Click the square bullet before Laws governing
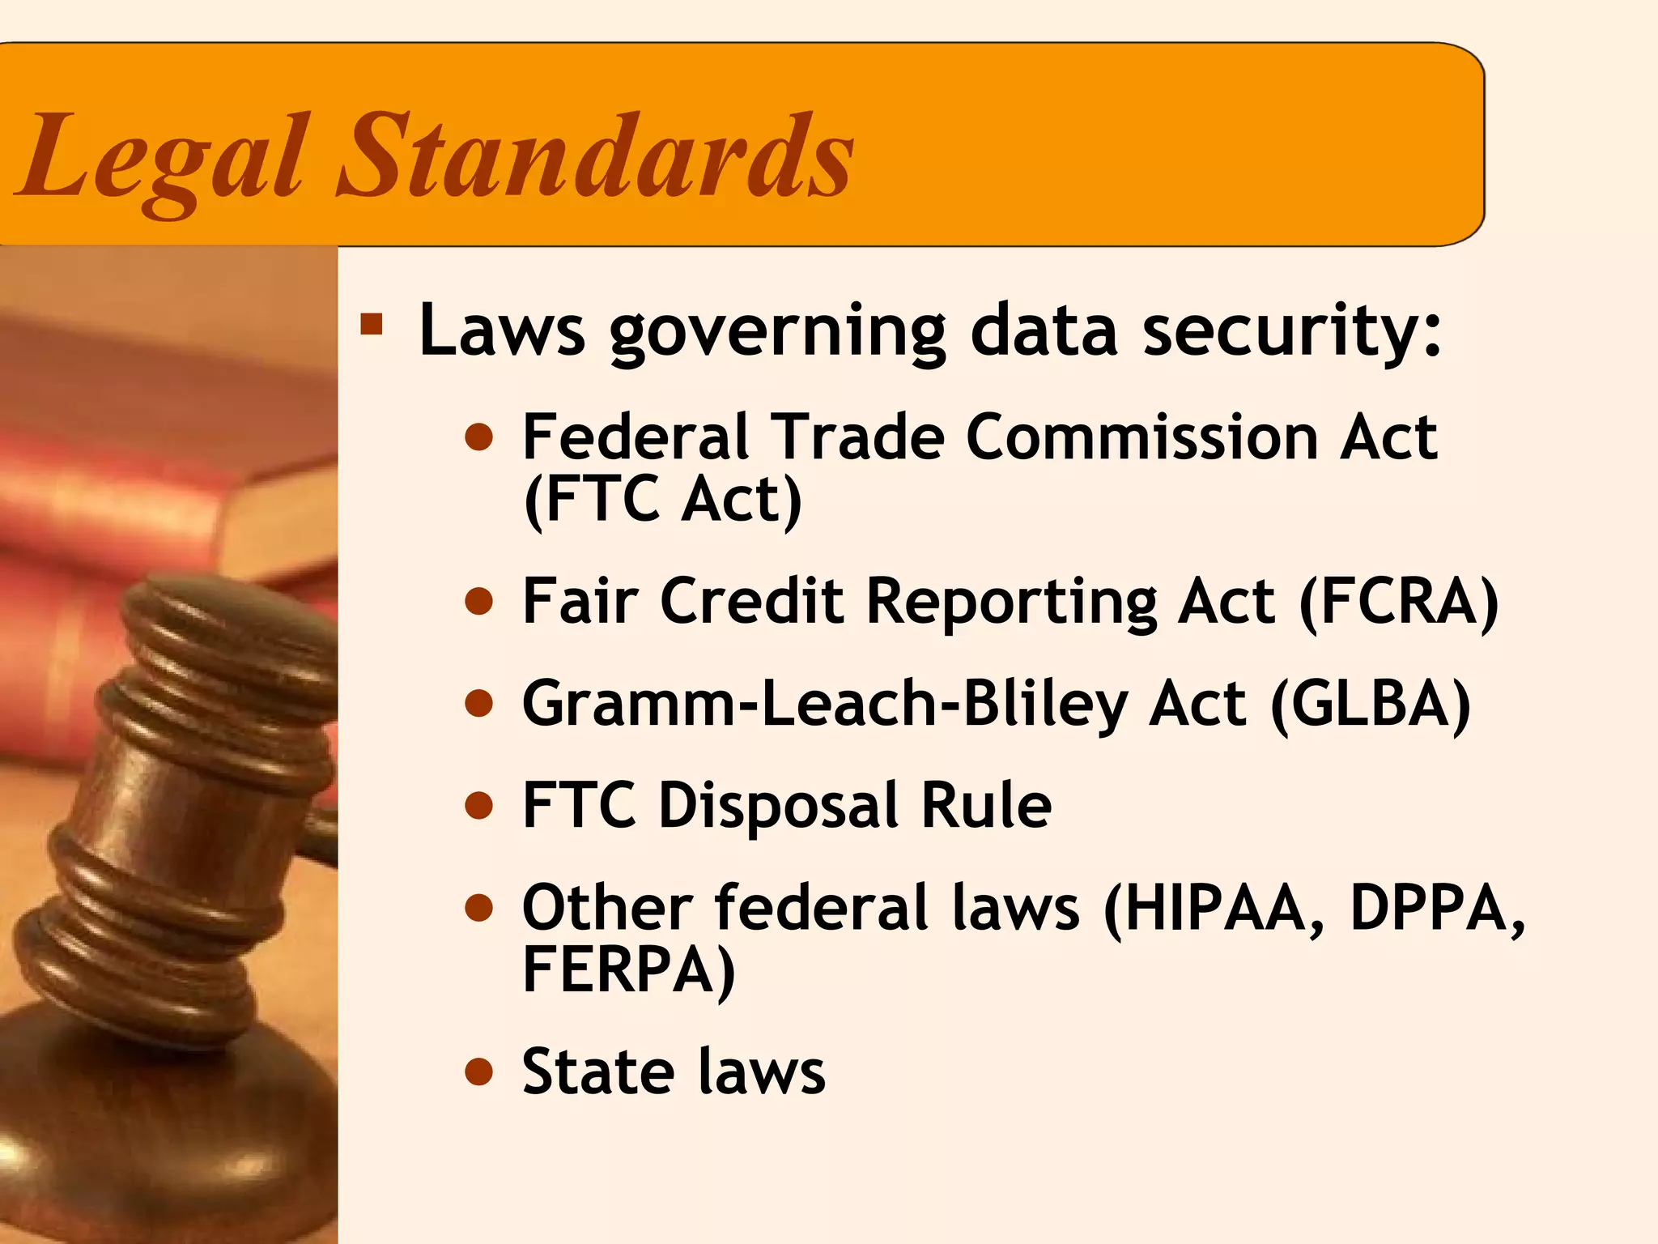372,325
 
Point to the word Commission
1142,437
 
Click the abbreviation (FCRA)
1399,602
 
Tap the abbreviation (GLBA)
1371,703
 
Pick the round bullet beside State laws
479,1072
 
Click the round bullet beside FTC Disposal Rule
479,806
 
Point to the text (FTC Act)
663,500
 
